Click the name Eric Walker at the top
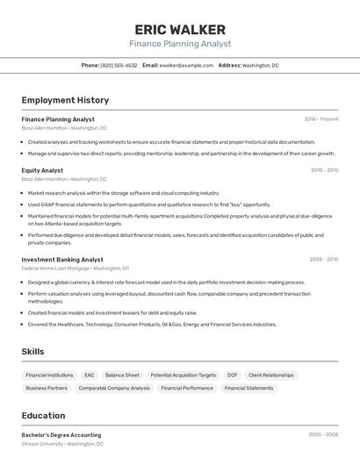180,30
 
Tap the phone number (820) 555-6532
119,65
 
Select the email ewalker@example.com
186,65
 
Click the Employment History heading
65,101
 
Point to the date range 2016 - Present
321,119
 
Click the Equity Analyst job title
42,170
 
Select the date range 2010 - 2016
324,170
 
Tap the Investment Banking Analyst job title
62,260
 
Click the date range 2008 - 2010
324,260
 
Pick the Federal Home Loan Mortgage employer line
75,268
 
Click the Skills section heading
33,351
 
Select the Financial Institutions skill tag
49,375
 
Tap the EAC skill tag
89,375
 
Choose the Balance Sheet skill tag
122,375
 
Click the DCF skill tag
232,375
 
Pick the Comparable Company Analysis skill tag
114,388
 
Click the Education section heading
43,416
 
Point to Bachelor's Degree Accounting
61,435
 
